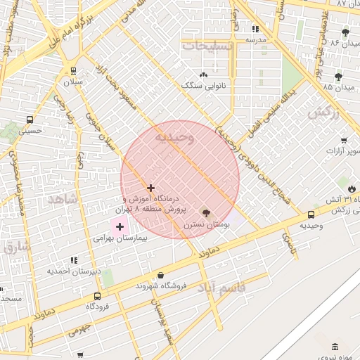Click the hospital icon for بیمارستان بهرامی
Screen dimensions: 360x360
tap(120, 226)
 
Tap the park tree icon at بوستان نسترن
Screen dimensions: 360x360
tap(206, 213)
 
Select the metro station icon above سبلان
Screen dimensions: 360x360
tap(73, 70)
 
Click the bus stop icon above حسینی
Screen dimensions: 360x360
tap(29, 119)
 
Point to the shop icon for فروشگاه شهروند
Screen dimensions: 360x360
tap(162, 275)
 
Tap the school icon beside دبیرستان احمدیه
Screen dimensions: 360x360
tap(74, 261)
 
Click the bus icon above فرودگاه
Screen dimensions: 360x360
tap(97, 295)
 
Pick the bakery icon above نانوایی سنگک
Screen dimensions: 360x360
tap(204, 75)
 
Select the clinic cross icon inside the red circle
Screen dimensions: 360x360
tap(150, 188)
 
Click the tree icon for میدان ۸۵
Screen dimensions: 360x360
tap(338, 76)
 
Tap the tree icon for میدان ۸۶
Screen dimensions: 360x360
tap(345, 32)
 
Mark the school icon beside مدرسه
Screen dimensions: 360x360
tap(255, 30)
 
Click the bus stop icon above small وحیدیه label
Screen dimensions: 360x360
tap(311, 214)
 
